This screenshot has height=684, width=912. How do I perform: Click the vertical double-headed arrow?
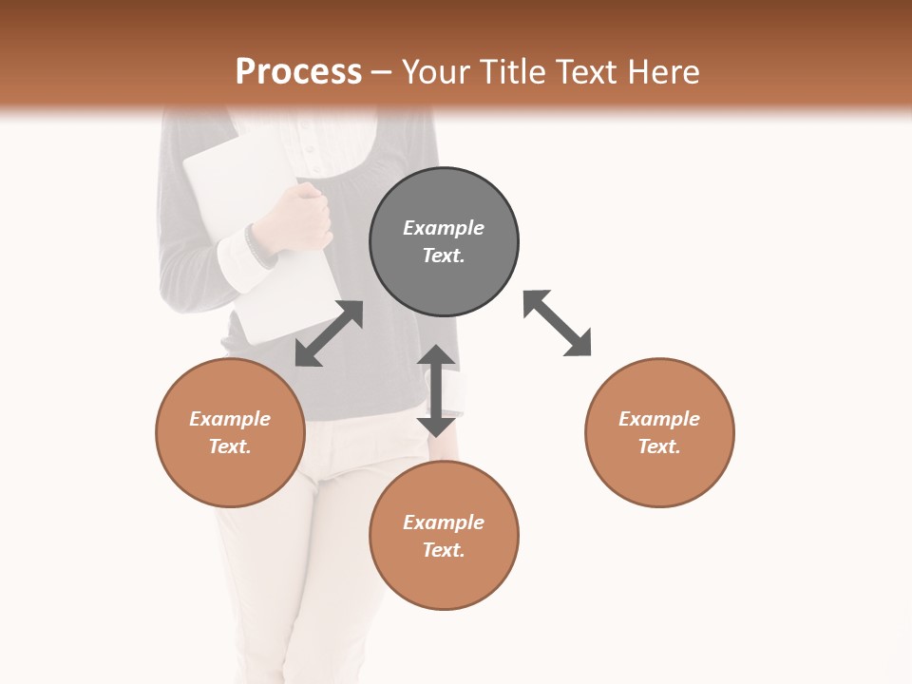[436, 390]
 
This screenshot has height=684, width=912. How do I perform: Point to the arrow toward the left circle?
[329, 333]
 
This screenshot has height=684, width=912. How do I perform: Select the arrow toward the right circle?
[557, 323]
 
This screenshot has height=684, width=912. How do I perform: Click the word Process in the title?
[298, 71]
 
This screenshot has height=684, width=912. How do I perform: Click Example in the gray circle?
[444, 228]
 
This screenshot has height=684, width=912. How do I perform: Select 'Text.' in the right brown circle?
[659, 446]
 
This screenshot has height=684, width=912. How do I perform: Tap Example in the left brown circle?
[230, 419]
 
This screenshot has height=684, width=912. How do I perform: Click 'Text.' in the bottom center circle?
[444, 550]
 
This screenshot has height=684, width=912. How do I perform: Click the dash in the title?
[382, 71]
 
